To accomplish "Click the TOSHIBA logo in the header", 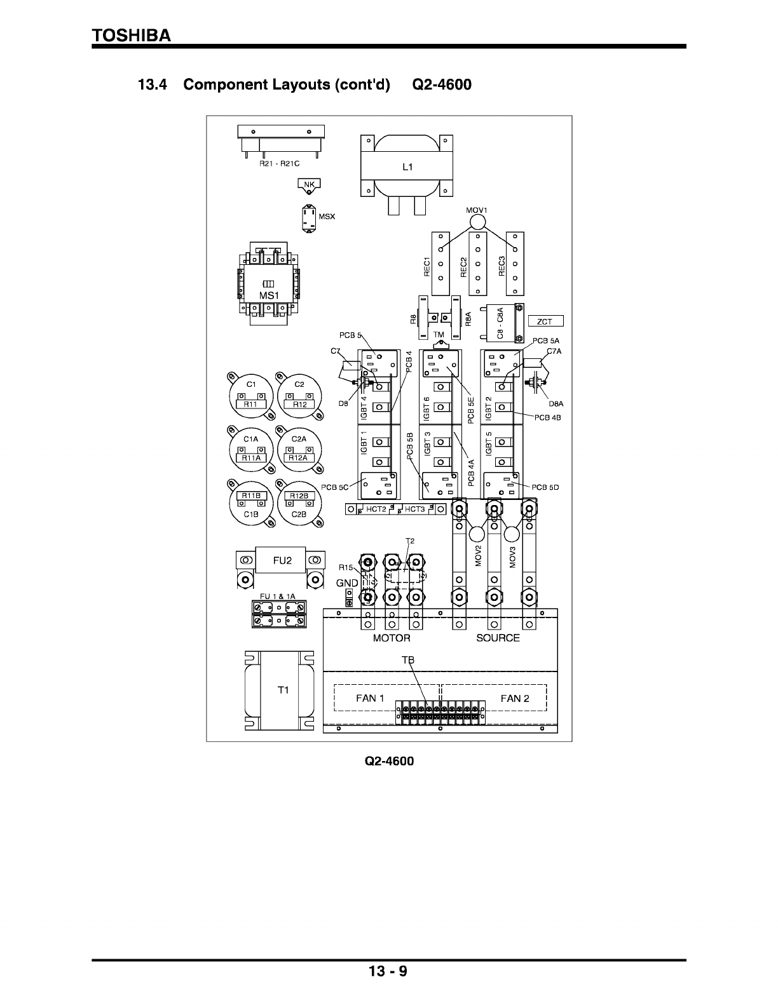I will pos(132,36).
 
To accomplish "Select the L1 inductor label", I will pos(407,167).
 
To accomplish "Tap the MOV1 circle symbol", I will pos(477,222).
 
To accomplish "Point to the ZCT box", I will pos(545,321).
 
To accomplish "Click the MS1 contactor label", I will pos(269,296).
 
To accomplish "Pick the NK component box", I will pos(310,185).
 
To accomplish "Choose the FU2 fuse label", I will pos(282,560).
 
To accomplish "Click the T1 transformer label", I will pos(283,690).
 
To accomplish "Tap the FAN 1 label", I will pos(370,698).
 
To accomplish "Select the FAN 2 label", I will pos(515,698).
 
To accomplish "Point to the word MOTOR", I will pos(392,638).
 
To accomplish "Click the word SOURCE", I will pos(498,638).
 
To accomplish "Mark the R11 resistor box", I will pos(250,404).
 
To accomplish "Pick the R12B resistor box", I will pos(299,496).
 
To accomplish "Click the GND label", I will pos(347,583).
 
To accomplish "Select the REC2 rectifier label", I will pos(464,266).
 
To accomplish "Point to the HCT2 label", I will pos(376,509).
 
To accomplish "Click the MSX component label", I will pos(327,217).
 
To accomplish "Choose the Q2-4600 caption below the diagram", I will pos(389,761).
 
